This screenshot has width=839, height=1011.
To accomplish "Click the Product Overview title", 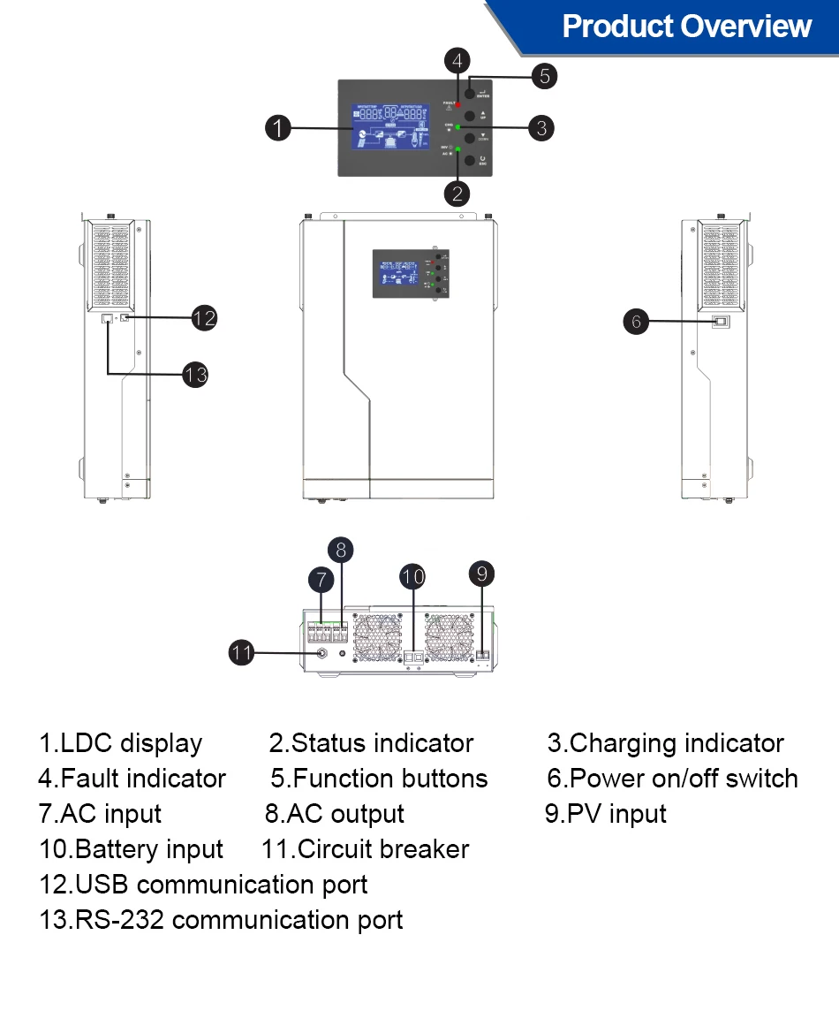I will pos(686,27).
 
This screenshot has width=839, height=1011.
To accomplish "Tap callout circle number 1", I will pos(278,128).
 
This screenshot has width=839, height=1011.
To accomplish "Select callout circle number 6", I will pos(636,322).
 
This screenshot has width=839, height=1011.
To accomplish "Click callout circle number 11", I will pos(241,654).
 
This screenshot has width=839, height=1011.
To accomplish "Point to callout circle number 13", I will pos(195,375).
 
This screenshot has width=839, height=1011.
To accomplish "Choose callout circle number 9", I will pos(481,574).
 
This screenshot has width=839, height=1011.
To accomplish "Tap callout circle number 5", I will pos(545,76).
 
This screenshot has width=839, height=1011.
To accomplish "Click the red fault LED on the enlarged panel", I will pos(458,105).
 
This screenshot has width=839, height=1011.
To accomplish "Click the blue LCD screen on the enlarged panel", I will pos(395,128).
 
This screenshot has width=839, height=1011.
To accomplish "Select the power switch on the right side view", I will pos(720,323).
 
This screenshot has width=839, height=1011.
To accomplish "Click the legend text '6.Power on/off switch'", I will pos(672,779).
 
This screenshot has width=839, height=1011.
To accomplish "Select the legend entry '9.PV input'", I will pos(606,814).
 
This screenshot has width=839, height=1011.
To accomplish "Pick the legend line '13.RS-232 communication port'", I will pos(221,920).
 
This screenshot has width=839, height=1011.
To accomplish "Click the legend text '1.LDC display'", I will pos(120,743).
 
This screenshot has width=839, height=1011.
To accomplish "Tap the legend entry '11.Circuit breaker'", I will pos(366,849).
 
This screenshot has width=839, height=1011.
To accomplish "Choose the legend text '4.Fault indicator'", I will pos(132,779).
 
